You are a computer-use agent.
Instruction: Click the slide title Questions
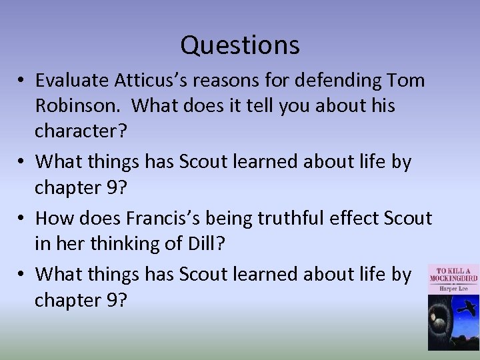pyautogui.click(x=240, y=45)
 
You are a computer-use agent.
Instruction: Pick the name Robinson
pyautogui.click(x=67, y=105)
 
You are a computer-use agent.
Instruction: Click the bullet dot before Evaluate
pyautogui.click(x=22, y=81)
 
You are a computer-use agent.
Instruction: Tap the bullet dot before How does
pyautogui.click(x=22, y=219)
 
